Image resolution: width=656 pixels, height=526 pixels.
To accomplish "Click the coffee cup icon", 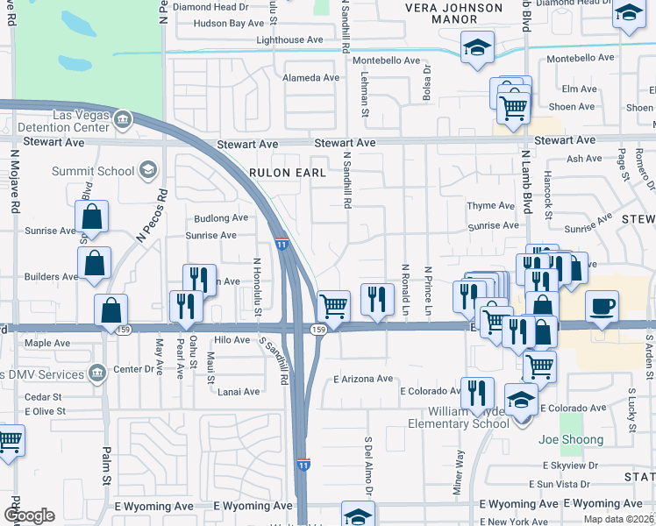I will point(602,307).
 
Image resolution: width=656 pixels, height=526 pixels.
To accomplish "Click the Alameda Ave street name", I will point(310,77).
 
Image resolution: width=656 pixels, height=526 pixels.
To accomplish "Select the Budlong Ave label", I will point(221,217).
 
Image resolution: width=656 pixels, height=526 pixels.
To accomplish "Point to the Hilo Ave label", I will point(232,339).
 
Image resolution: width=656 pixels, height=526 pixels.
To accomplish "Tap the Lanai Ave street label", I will point(239,392).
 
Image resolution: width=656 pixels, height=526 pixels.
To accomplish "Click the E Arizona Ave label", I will point(363,379).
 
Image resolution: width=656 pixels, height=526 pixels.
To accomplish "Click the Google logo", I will point(29,515).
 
